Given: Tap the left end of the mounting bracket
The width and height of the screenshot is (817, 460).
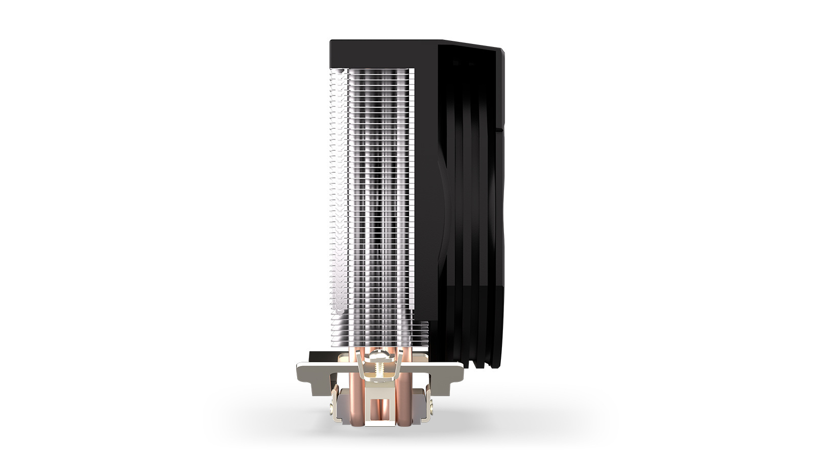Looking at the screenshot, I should coord(303,372).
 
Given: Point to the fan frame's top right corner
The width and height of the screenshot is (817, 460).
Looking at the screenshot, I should coord(501,51).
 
